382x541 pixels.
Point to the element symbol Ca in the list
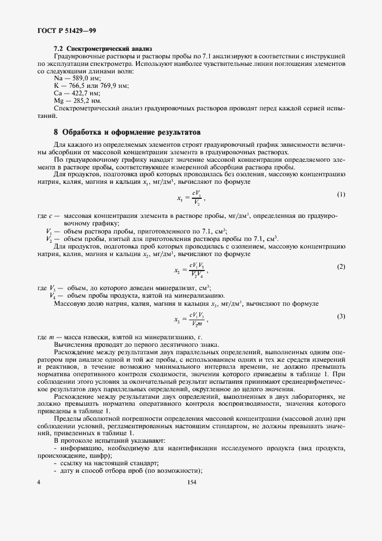[x=57, y=93]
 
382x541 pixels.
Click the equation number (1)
[x=340, y=194]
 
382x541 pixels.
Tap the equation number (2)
[x=340, y=266]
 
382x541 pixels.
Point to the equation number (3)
[x=340, y=316]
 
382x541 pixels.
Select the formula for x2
[x=190, y=270]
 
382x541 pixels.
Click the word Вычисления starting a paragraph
[x=72, y=344]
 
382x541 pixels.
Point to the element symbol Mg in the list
[x=58, y=101]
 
